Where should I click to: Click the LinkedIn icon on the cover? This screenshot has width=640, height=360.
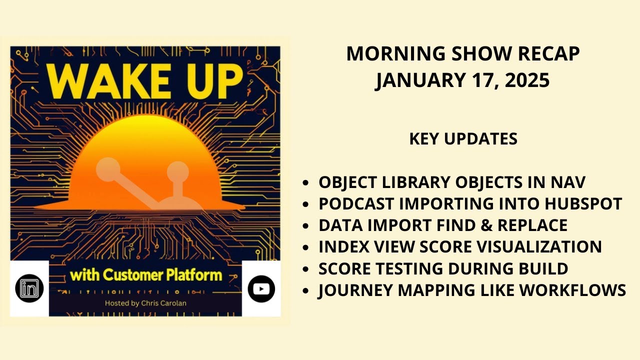[x=29, y=288]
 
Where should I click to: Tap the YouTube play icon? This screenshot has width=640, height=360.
[x=261, y=288]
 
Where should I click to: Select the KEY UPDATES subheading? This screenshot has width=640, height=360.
[x=463, y=139]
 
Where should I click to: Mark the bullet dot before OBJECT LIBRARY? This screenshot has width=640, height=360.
[x=305, y=183]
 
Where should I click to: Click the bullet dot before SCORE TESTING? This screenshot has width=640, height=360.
[x=305, y=269]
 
